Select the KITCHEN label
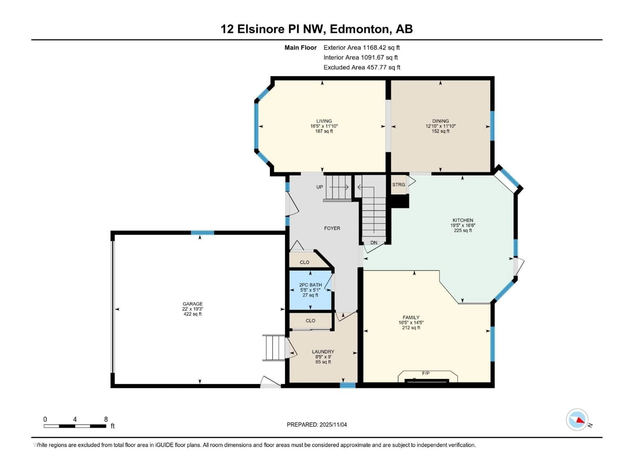tap(463, 220)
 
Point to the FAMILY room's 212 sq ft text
tap(411, 328)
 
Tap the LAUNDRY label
tap(323, 352)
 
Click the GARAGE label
tap(193, 304)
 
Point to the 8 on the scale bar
tap(106, 419)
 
